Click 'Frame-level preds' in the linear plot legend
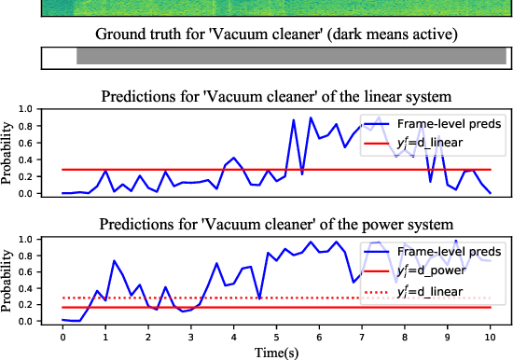[x=451, y=122]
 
